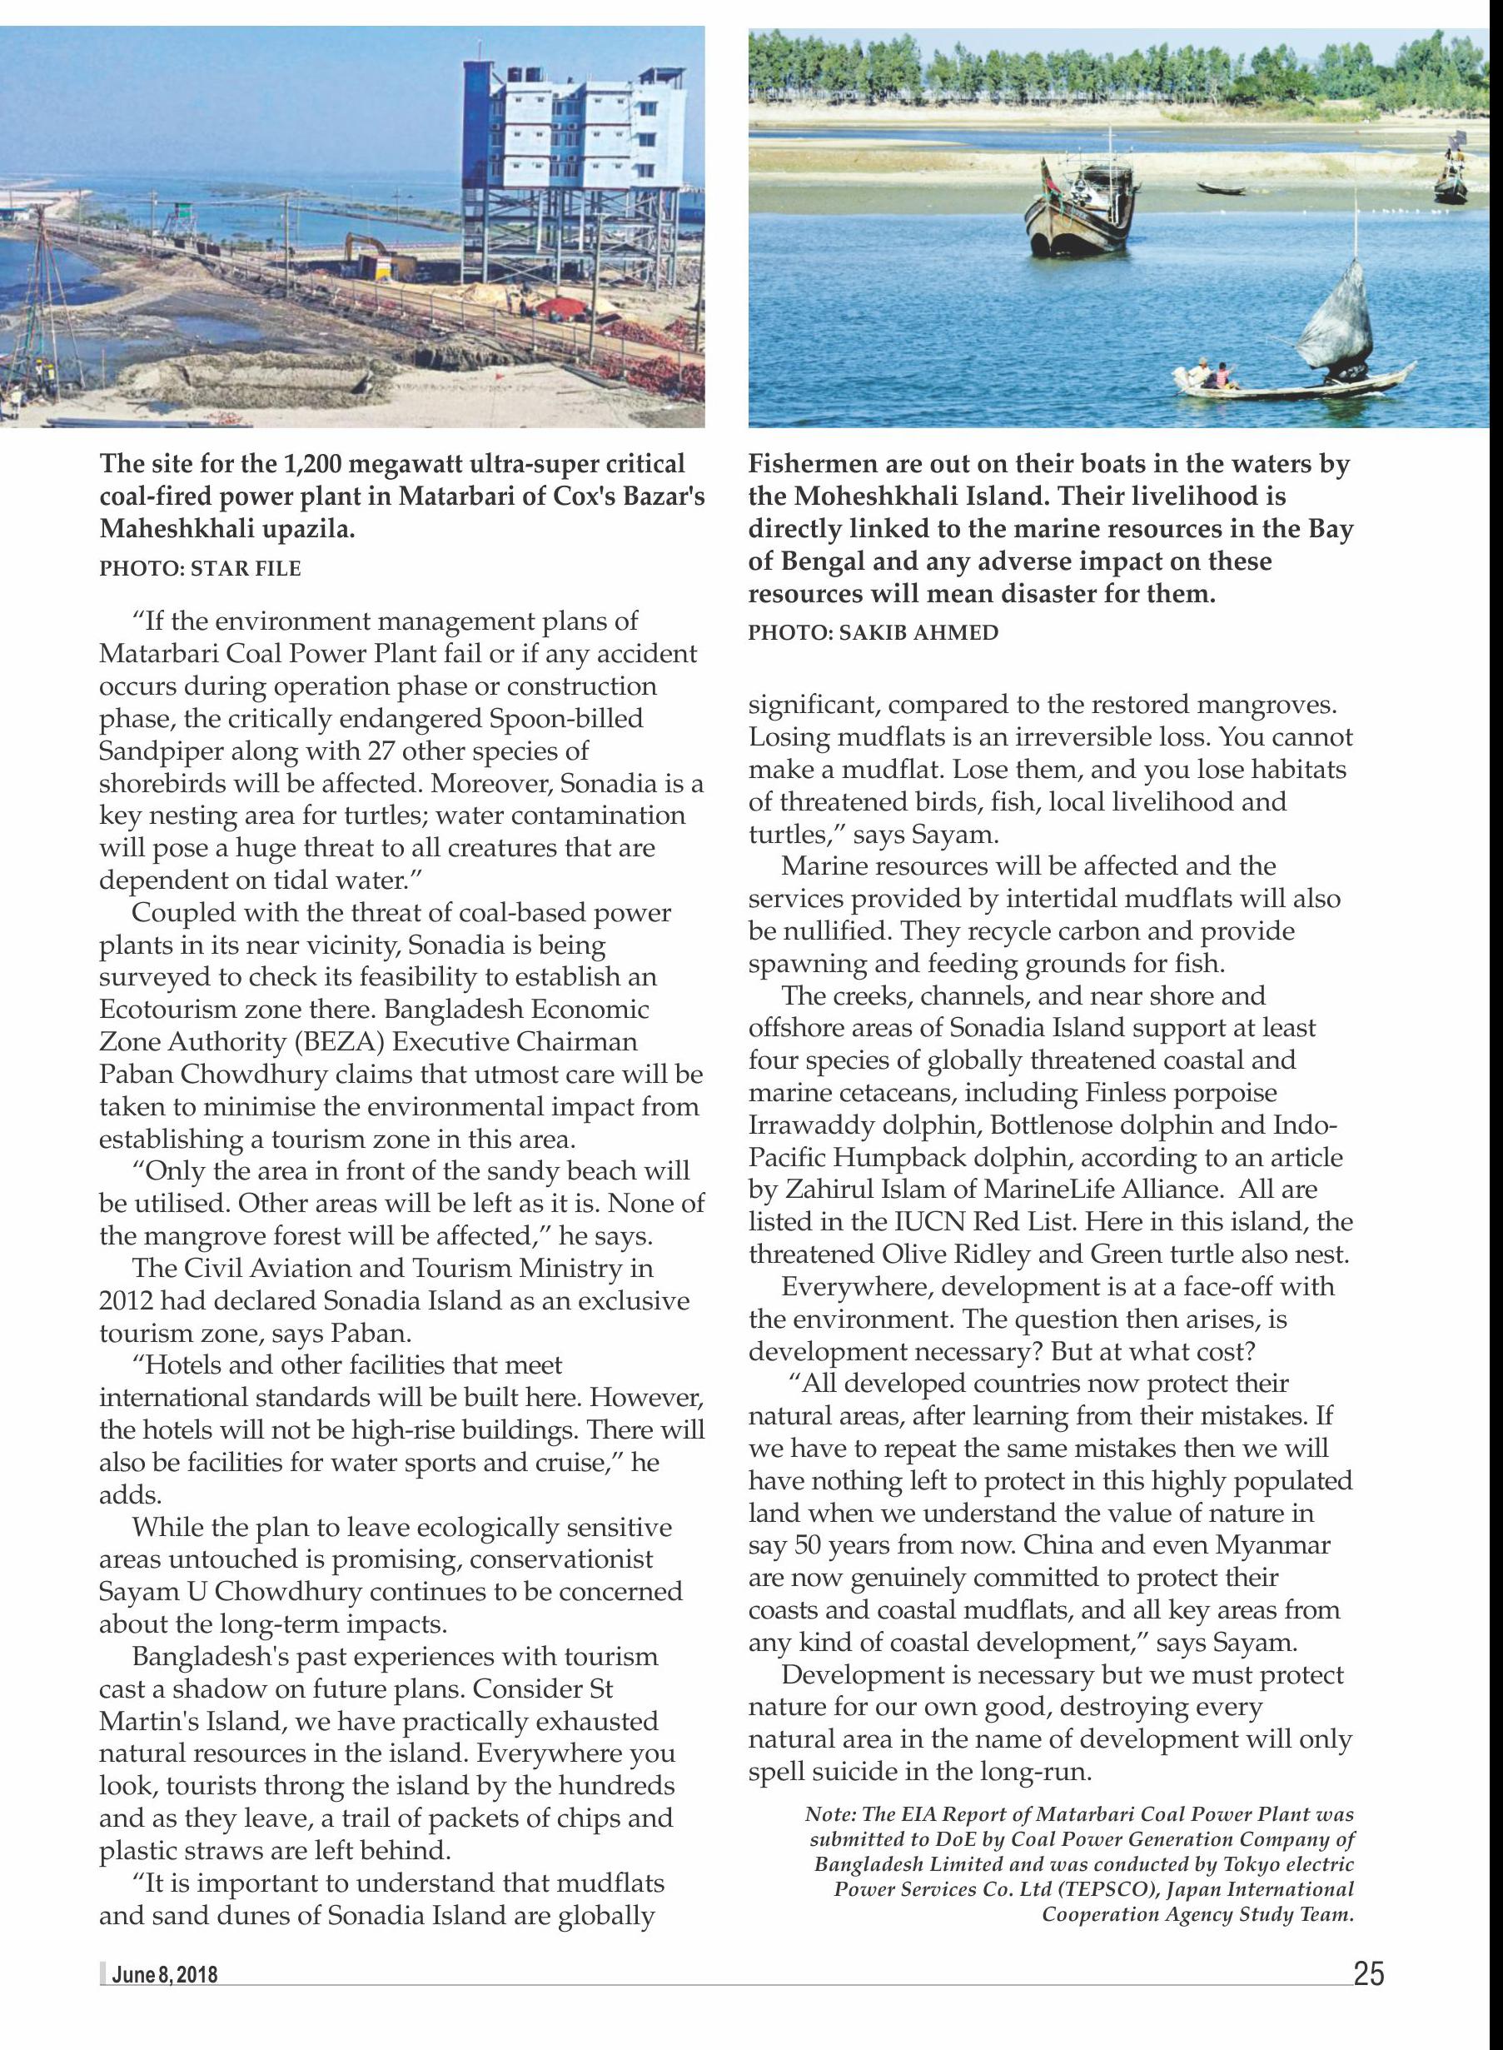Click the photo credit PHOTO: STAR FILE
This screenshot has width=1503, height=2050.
(200, 569)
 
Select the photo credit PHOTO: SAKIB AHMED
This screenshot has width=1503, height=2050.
(873, 632)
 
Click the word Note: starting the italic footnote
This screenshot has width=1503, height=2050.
(829, 1813)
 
